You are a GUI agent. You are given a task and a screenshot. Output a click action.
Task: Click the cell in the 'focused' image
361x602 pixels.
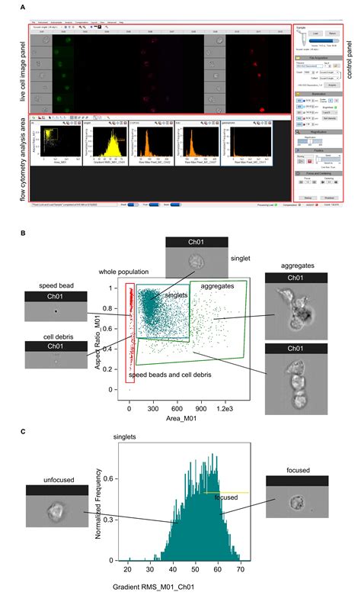[x=296, y=504]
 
